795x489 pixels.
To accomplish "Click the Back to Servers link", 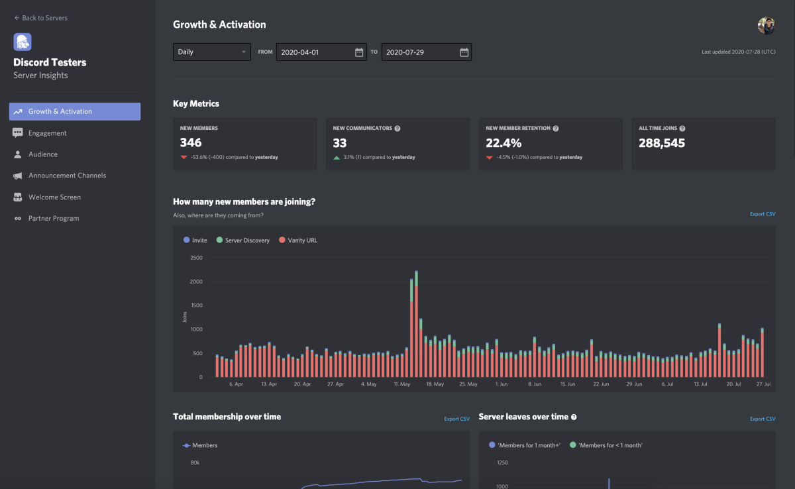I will [40, 18].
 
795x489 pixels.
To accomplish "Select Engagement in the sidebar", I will [47, 133].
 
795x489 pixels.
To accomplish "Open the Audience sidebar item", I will [42, 154].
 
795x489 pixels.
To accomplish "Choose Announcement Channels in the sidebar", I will [67, 176].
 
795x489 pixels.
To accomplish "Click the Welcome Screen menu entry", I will [54, 197].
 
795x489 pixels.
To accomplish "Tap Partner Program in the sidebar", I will [53, 219].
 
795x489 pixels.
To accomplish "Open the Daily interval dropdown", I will [212, 52].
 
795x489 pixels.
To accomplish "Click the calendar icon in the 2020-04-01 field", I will [359, 52].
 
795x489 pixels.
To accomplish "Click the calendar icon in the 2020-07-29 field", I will [464, 52].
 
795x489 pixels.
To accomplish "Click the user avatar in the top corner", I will [766, 26].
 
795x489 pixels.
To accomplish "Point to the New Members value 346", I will [191, 142].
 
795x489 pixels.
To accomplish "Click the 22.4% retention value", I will [503, 142].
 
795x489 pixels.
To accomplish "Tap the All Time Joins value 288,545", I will [662, 142].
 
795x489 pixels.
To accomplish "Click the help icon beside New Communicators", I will [397, 129].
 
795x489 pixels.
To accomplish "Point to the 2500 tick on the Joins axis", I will [196, 258].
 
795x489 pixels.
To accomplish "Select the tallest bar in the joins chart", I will [416, 325].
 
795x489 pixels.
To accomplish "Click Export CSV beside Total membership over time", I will [456, 419].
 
